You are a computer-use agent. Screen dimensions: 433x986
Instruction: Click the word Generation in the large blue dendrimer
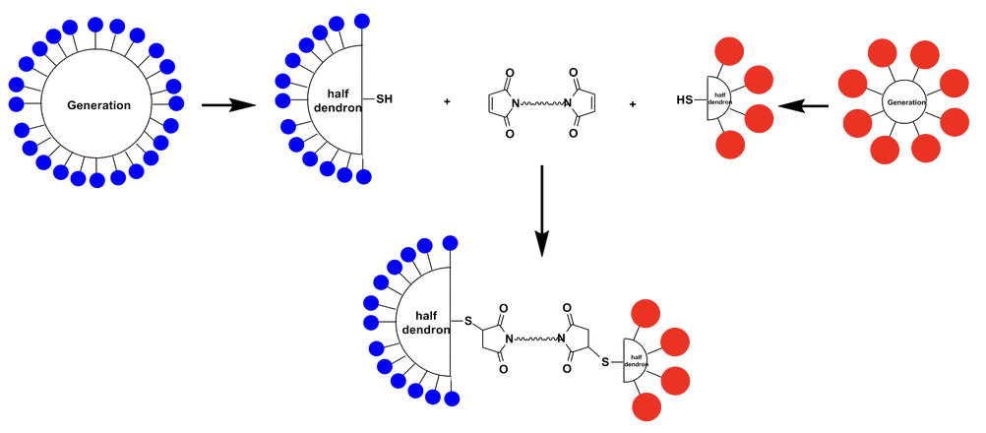98,105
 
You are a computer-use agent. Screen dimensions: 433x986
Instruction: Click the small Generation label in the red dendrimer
904,102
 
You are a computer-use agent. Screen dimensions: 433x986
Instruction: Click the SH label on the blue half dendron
385,99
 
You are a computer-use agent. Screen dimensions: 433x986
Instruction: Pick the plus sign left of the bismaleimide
448,101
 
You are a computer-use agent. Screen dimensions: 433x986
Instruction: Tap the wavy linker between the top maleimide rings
539,102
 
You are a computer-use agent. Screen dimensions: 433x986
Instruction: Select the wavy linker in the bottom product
531,339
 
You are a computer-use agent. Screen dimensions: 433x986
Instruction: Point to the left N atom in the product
504,340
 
